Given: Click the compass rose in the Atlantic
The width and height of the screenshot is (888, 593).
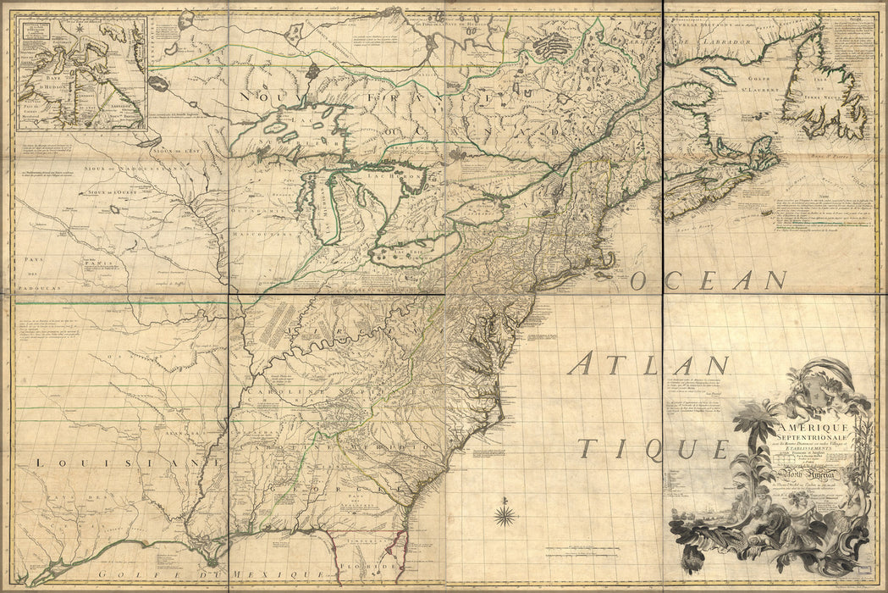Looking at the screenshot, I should pos(505,514).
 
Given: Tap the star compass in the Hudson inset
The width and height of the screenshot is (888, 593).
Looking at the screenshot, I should pos(79,33).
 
